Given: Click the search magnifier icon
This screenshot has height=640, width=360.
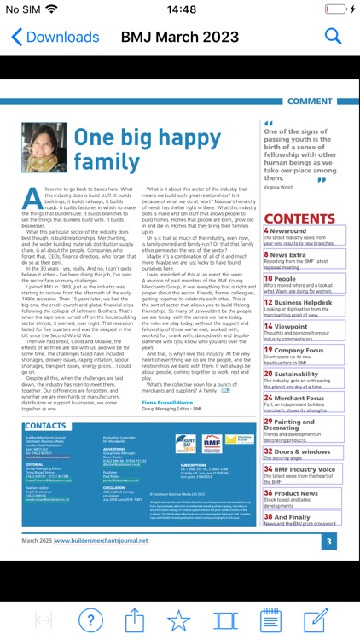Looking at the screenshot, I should click(x=333, y=37).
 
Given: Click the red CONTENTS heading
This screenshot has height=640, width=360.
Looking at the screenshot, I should click(x=301, y=219).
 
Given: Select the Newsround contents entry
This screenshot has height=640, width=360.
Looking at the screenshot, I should click(x=290, y=230).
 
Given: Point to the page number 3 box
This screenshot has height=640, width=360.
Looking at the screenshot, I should click(x=329, y=541).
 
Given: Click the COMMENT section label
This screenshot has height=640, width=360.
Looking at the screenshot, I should click(x=310, y=101).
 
